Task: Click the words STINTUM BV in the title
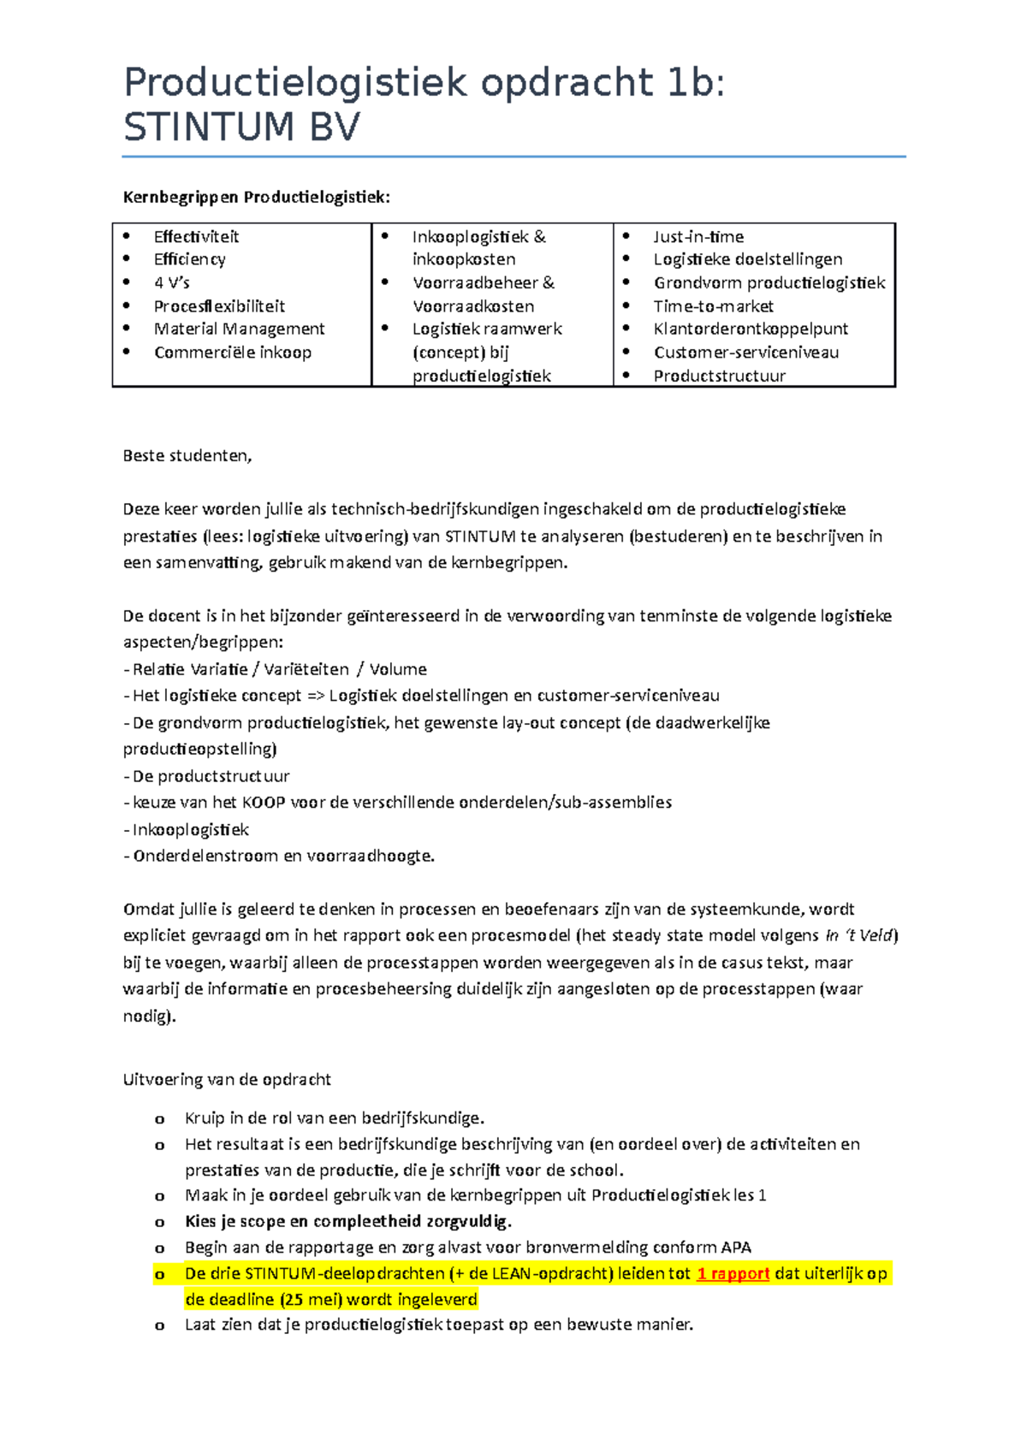coord(241,128)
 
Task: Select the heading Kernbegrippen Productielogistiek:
coord(256,198)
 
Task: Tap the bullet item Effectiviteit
coord(196,237)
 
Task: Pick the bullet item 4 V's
coord(171,282)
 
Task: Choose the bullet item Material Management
coord(239,329)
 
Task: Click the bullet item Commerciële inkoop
coord(232,353)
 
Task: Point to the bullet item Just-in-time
coord(698,237)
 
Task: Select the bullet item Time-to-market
coord(713,306)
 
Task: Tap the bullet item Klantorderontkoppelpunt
coord(751,329)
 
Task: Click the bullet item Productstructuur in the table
coord(719,376)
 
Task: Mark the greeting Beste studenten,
coord(187,456)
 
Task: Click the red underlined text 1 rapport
coord(733,1273)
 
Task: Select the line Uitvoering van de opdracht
coord(227,1080)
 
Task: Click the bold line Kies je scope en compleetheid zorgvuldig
coord(348,1221)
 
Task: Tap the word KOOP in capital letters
coord(264,803)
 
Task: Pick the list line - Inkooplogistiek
coord(187,829)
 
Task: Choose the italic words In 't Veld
coord(859,935)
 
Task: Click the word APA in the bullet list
coord(735,1248)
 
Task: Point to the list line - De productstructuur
coord(207,776)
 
